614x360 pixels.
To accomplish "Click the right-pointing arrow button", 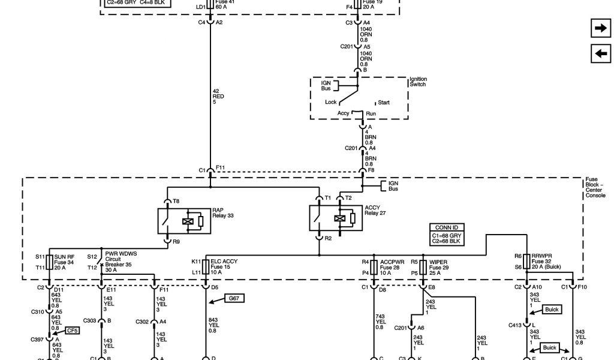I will [x=600, y=28].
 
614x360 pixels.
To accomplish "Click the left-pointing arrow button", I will [x=600, y=53].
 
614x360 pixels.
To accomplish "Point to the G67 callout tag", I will [x=234, y=298].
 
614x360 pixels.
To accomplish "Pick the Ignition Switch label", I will [x=418, y=82].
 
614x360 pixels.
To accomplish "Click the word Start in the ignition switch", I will [x=383, y=103].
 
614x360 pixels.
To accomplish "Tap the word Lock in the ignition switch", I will [x=330, y=102].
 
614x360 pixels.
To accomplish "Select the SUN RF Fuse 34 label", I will [x=64, y=262].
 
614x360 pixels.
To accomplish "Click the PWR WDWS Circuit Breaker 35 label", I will [x=120, y=262].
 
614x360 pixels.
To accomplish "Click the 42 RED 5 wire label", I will [x=219, y=97].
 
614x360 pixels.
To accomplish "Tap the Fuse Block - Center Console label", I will [x=595, y=187].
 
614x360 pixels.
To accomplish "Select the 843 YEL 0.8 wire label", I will [x=213, y=325].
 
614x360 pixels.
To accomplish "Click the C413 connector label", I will [x=514, y=325].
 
